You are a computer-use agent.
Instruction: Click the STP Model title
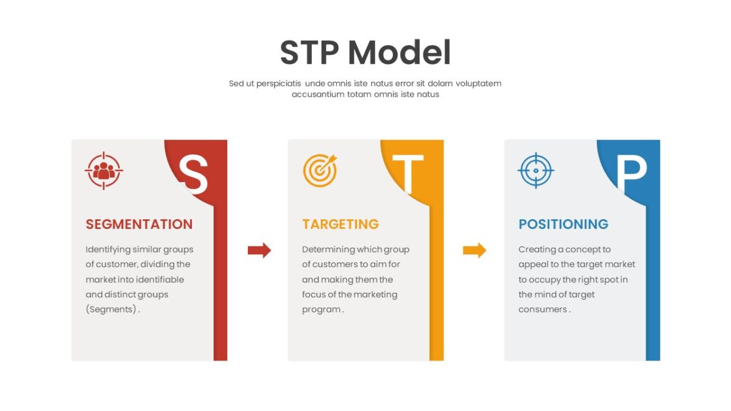(365, 52)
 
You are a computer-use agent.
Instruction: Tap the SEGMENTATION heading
(139, 225)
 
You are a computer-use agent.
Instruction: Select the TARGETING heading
(341, 225)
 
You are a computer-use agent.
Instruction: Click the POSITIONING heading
(563, 225)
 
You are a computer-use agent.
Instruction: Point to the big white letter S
(193, 174)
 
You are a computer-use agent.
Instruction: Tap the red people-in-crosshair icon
(104, 170)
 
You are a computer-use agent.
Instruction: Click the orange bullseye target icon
(320, 170)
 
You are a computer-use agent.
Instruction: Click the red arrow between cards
(260, 250)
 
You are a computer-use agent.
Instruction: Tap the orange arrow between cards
(475, 250)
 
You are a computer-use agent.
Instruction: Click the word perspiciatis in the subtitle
(278, 84)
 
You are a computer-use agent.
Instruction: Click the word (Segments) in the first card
(111, 309)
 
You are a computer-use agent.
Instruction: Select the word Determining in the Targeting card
(324, 250)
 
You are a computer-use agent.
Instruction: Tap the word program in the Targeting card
(321, 310)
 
